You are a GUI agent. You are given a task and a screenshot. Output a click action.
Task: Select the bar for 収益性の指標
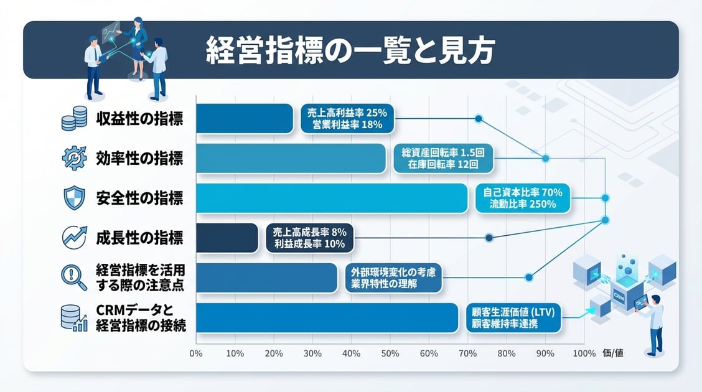click(244, 118)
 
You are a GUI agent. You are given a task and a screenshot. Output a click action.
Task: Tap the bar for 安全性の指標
click(331, 198)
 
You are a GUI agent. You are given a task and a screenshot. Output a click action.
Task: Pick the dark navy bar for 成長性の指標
click(227, 238)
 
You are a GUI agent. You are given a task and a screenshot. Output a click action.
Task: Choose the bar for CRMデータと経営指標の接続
click(327, 317)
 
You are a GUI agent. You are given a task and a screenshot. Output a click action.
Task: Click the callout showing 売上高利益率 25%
click(347, 118)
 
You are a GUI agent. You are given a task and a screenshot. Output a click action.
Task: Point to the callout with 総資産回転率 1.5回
click(443, 159)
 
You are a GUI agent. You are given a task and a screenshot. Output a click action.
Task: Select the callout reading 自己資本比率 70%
click(522, 198)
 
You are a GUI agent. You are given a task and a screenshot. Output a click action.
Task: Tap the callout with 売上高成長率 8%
click(309, 238)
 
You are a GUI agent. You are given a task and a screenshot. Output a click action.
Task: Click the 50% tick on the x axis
click(390, 353)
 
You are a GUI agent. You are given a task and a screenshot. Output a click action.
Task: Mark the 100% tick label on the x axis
click(583, 353)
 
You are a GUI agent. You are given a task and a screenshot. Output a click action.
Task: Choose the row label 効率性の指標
click(139, 158)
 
